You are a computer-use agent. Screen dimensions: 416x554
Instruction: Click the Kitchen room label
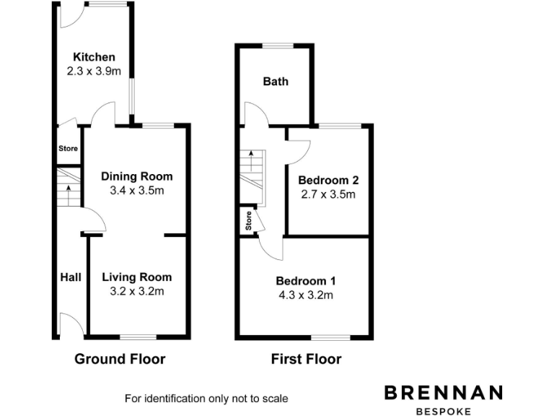click(94, 57)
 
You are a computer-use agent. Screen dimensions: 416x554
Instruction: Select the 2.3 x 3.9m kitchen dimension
click(94, 71)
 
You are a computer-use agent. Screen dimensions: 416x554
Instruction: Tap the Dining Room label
click(136, 176)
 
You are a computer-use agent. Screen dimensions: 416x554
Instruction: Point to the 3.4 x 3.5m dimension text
click(136, 191)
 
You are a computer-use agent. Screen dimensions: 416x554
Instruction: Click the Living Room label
click(136, 277)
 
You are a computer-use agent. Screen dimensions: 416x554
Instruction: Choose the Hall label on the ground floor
click(70, 277)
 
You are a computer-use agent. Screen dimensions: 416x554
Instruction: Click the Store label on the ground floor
click(68, 149)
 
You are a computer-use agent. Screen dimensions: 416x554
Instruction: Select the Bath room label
click(275, 82)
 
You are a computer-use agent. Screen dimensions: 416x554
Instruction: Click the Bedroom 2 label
click(329, 180)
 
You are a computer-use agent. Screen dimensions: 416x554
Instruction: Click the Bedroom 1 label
click(305, 281)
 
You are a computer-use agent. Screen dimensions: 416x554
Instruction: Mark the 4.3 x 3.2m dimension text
click(305, 295)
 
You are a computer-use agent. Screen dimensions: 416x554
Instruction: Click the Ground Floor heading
click(120, 359)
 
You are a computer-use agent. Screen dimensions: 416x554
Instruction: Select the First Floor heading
click(306, 359)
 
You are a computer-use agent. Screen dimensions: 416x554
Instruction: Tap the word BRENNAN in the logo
click(443, 393)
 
